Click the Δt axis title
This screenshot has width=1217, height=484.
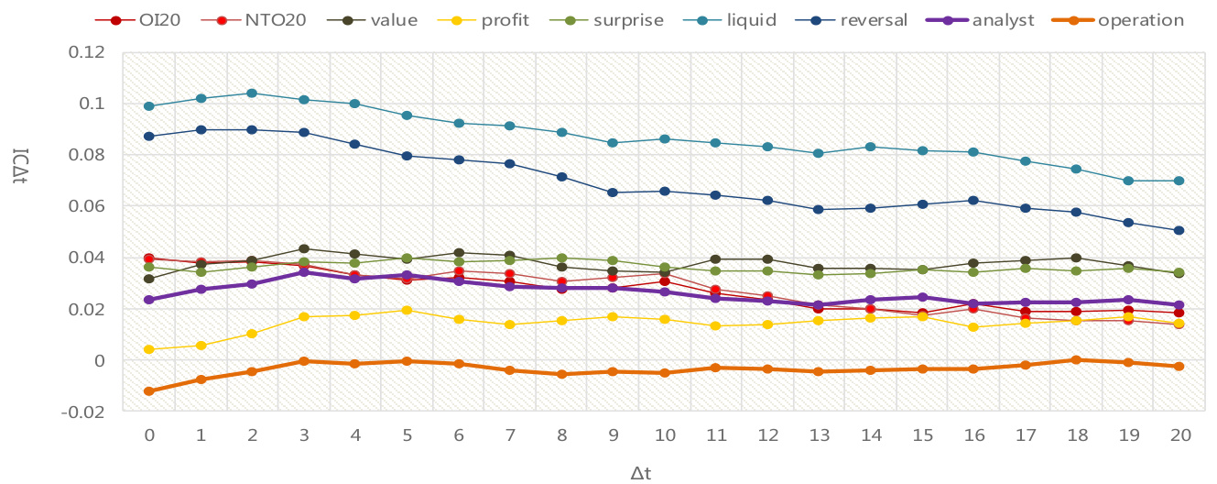tap(640, 473)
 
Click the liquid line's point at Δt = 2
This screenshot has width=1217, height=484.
tap(253, 93)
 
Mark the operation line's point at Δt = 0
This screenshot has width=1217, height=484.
tap(149, 391)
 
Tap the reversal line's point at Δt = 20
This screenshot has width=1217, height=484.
tap(1179, 231)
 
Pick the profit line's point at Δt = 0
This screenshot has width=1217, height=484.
tap(149, 349)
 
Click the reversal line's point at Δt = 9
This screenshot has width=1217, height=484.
tap(613, 192)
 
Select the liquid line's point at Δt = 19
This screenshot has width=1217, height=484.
tap(1128, 181)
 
